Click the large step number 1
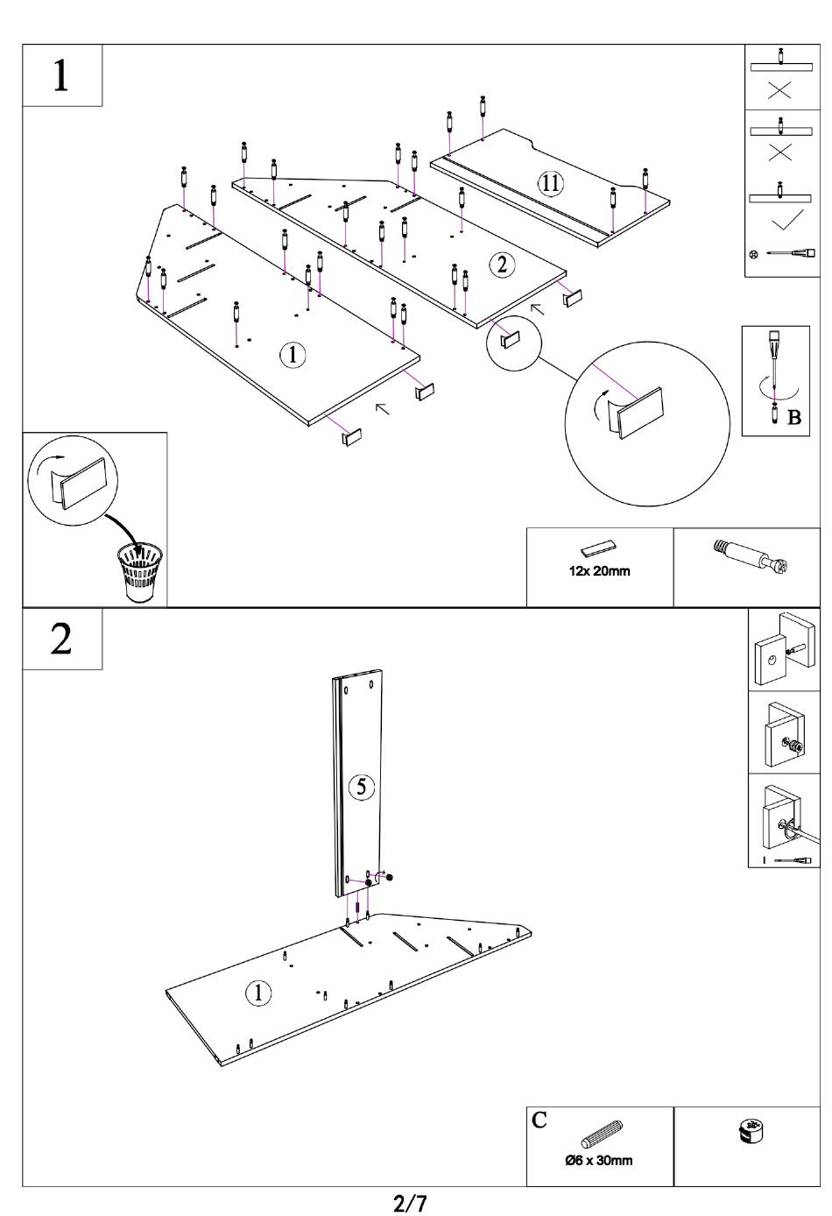coord(60,75)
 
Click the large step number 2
coord(60,639)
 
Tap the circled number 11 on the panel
coord(550,183)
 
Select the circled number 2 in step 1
coord(502,265)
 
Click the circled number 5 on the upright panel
coord(362,787)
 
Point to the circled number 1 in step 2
coord(258,993)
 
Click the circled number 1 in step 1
coord(293,355)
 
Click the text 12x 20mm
coord(600,571)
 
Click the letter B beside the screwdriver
coord(794,418)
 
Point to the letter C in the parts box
coord(539,1120)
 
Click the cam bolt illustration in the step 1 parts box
coord(751,556)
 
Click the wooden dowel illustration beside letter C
coord(602,1134)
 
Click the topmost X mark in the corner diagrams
coord(780,90)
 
